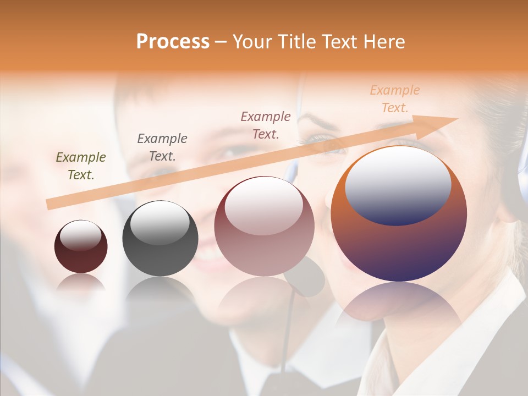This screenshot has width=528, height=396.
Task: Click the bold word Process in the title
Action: point(173,42)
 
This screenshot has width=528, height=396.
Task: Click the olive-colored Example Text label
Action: point(81,166)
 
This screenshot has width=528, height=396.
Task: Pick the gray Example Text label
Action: point(162,147)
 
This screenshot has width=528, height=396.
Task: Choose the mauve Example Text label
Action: point(266,125)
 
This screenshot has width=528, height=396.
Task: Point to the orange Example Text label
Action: point(395,99)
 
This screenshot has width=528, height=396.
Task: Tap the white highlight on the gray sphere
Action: point(160,222)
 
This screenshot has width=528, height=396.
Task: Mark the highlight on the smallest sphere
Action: point(80,235)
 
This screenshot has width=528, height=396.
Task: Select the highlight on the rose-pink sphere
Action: point(263,205)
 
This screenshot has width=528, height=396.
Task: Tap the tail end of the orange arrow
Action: point(50,205)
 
